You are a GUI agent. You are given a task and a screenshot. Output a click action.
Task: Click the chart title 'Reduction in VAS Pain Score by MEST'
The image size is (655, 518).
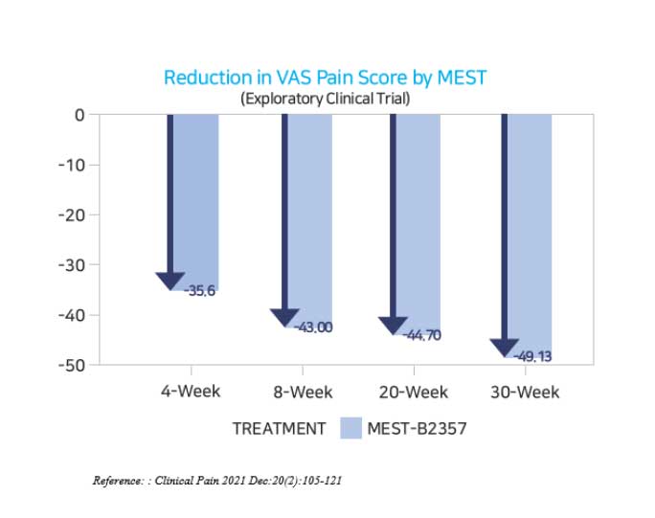pyautogui.click(x=331, y=78)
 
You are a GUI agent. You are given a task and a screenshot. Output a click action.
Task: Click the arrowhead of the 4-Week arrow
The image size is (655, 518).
pyautogui.click(x=170, y=280)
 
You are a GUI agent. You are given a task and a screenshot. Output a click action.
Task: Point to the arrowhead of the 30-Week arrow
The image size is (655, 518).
pyautogui.click(x=504, y=349)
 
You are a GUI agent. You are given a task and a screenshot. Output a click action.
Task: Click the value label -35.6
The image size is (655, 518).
pyautogui.click(x=199, y=291)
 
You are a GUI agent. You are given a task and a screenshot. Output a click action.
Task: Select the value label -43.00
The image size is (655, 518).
pyautogui.click(x=313, y=327)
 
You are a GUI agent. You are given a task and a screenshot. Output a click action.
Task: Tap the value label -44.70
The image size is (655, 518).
pyautogui.click(x=421, y=335)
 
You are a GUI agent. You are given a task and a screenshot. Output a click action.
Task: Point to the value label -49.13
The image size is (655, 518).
pyautogui.click(x=532, y=356)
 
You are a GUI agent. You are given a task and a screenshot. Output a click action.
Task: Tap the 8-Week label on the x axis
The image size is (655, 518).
pyautogui.click(x=303, y=392)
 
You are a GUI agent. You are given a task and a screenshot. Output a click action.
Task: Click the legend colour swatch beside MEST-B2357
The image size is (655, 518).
pyautogui.click(x=351, y=428)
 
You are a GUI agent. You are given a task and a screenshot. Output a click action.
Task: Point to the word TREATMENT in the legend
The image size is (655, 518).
pyautogui.click(x=279, y=429)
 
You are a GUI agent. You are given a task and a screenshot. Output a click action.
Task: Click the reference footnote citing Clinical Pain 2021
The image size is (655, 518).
pyautogui.click(x=217, y=480)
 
